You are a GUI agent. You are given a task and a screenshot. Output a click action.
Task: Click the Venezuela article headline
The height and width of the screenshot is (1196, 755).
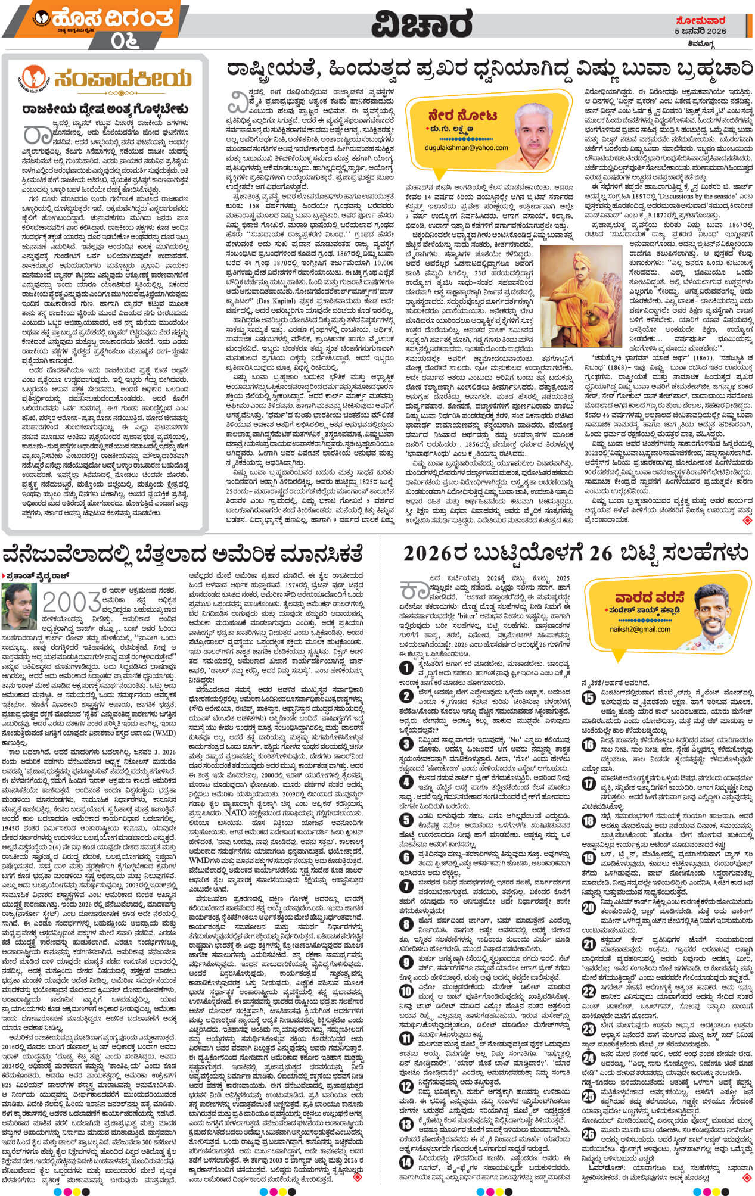pos(182,555)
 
